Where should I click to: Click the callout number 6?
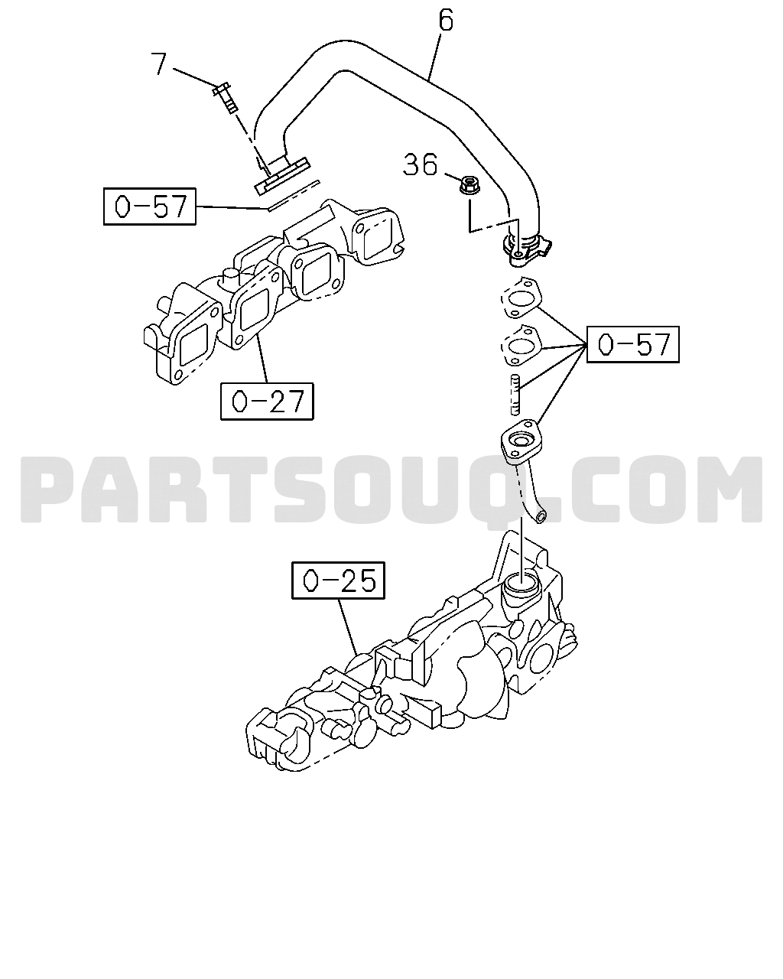446,21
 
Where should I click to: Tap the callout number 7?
159,63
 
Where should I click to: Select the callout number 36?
421,164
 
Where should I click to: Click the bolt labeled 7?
226,96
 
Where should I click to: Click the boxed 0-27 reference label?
267,401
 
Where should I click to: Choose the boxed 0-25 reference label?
338,580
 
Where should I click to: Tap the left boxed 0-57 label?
150,206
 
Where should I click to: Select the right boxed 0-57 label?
633,344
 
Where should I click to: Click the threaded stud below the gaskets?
515,394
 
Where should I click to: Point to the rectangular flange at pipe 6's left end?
281,177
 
